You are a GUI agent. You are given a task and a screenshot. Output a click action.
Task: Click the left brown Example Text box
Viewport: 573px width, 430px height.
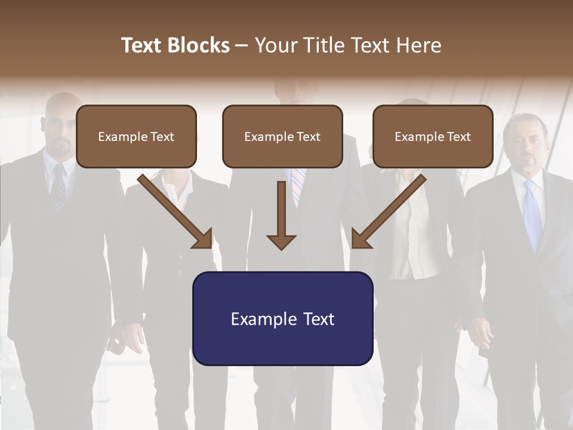pyautogui.click(x=136, y=136)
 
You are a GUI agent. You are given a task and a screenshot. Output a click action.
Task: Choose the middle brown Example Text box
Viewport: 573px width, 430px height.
pyautogui.click(x=282, y=136)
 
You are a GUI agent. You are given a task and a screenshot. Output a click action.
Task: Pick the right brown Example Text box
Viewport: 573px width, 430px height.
pyautogui.click(x=433, y=136)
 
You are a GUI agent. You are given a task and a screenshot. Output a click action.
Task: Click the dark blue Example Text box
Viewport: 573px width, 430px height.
pyautogui.click(x=282, y=318)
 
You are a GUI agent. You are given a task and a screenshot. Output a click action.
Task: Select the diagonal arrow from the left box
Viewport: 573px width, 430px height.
pyautogui.click(x=176, y=212)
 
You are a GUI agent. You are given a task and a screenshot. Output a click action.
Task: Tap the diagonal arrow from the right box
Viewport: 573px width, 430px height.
pyautogui.click(x=388, y=212)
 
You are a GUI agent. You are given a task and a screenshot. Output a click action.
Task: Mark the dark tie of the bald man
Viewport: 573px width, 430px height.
pyautogui.click(x=58, y=188)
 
